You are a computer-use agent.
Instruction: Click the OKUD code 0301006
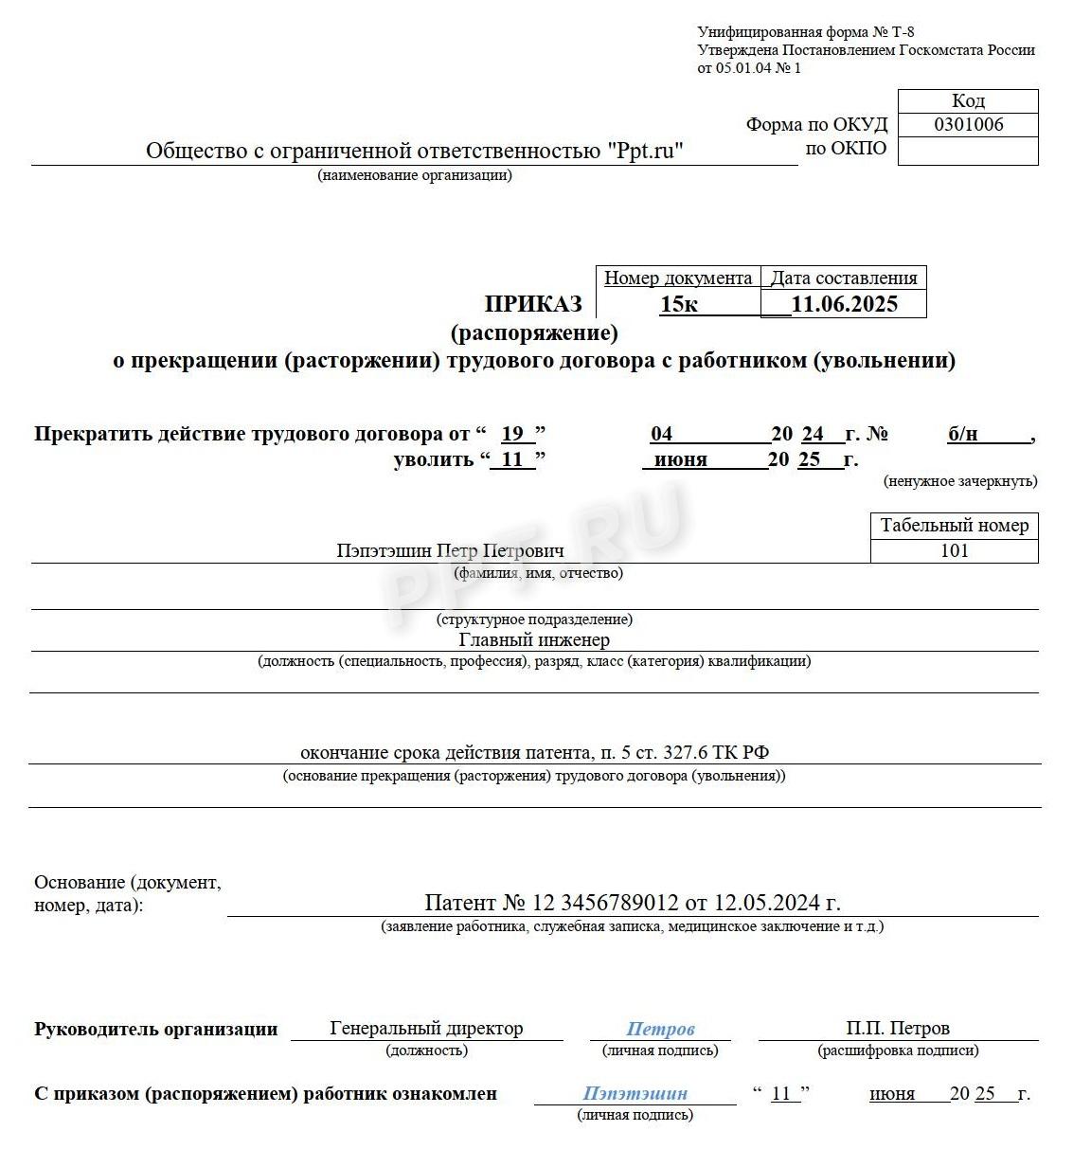point(968,125)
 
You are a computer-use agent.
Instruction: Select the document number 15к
point(679,304)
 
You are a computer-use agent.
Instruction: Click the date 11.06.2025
point(844,304)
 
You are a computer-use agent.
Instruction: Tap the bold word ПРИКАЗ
point(533,304)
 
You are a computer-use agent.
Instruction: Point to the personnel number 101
point(954,550)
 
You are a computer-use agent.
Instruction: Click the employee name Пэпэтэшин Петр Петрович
point(450,550)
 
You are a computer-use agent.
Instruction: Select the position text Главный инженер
point(534,640)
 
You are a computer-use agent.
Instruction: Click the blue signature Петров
point(660,1029)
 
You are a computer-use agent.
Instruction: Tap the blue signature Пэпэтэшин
point(635,1093)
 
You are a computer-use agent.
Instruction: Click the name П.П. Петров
point(897,1029)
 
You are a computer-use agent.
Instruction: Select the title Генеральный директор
point(426,1029)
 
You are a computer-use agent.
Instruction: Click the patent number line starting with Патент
point(632,903)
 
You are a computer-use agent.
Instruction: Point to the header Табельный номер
point(954,526)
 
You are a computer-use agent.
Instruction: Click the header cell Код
point(968,100)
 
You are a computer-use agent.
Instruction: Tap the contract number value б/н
point(962,435)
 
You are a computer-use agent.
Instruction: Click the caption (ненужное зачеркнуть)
point(959,481)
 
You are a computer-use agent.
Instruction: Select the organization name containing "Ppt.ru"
point(414,152)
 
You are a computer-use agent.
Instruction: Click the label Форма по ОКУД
point(816,125)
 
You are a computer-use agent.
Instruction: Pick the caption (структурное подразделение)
point(534,619)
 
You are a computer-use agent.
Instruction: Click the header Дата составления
point(843,278)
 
